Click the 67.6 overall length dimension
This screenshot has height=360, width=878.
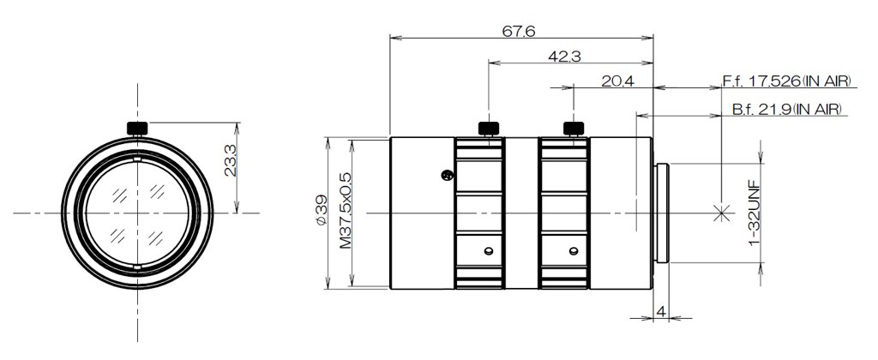pos(518,31)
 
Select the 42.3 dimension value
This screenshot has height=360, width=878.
pos(564,56)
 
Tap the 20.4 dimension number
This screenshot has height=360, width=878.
pos(617,81)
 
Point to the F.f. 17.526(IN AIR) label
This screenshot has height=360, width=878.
pos(786,81)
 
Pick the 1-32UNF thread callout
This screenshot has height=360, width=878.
pos(754,213)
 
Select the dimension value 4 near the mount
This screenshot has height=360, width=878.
pos(661,311)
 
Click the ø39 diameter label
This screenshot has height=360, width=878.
pos(321,211)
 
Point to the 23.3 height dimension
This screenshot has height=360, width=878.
pos(230,160)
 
